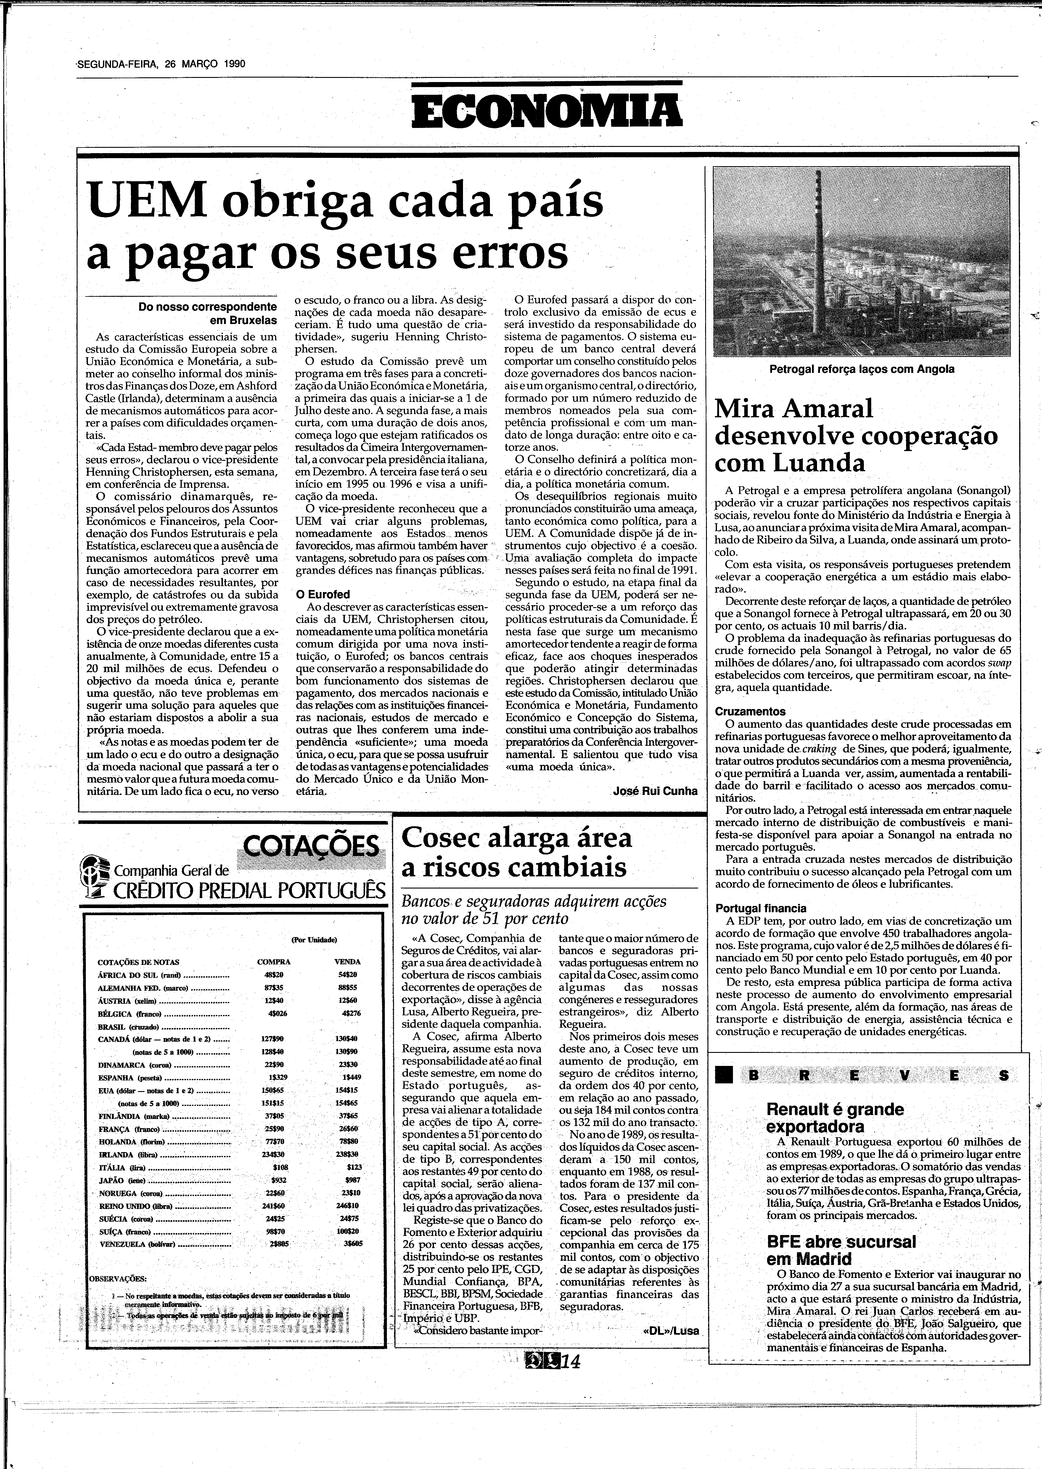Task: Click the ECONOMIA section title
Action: coord(547,110)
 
